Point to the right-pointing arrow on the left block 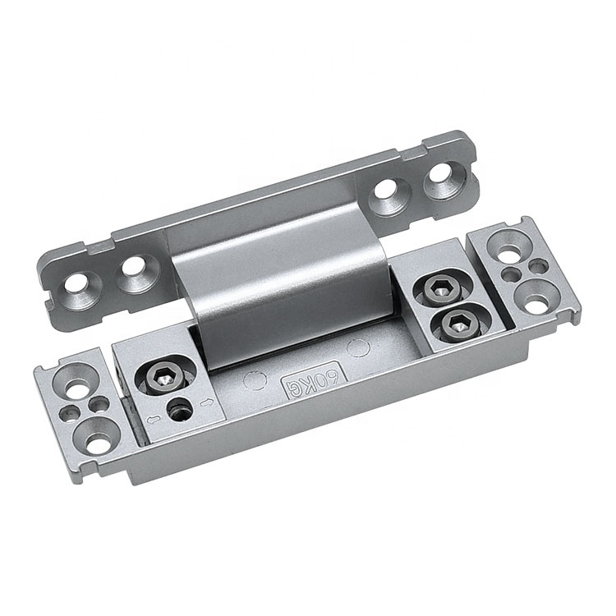(x=206, y=402)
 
